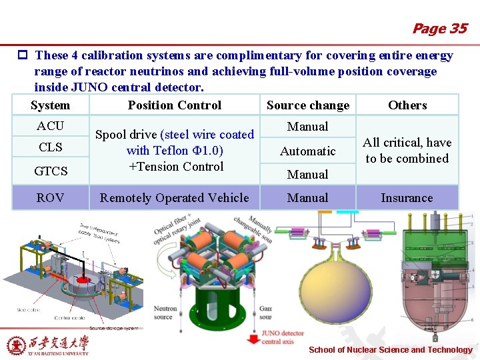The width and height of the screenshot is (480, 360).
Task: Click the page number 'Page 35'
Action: [439, 29]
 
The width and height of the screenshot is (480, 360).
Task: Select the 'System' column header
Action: [50, 105]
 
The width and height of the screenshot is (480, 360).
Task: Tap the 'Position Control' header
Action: [175, 105]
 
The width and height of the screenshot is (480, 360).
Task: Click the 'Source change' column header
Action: [308, 105]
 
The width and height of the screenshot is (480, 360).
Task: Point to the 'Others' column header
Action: [407, 105]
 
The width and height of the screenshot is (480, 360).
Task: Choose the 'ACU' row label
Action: [51, 126]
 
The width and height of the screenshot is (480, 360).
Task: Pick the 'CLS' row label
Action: [51, 147]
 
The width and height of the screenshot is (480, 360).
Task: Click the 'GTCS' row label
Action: [51, 171]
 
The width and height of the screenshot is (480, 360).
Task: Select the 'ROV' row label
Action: [51, 198]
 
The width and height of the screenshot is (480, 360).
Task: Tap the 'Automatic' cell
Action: [308, 151]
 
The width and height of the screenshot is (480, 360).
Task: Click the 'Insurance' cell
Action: [407, 198]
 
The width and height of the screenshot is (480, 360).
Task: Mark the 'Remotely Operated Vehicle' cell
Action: [174, 198]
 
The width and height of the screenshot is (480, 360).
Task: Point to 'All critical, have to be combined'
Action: [407, 151]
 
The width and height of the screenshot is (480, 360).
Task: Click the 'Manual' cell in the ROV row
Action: [308, 198]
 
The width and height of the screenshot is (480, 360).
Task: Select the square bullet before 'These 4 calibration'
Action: [23, 56]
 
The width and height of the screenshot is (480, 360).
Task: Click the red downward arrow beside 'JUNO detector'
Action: [253, 338]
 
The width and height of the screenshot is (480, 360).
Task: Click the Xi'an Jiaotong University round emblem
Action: [16, 345]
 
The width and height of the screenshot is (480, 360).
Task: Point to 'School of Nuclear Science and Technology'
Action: [391, 350]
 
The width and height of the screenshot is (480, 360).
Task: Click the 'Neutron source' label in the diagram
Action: [165, 312]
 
